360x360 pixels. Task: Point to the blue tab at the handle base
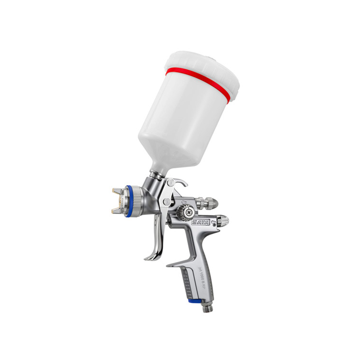click(195, 301)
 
